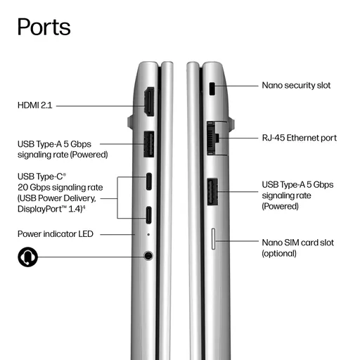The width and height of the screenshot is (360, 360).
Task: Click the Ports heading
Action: [44, 27]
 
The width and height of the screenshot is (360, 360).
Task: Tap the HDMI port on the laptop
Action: [149, 102]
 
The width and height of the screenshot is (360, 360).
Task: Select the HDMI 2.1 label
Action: [34, 105]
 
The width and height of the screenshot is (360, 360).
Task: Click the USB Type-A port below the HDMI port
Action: [149, 144]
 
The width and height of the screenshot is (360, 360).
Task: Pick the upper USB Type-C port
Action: [149, 181]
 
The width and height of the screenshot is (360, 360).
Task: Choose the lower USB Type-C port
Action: [149, 215]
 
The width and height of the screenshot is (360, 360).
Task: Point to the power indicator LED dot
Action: [148, 234]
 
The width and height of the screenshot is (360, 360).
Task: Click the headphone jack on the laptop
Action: [148, 255]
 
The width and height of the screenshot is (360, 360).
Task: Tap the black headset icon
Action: [27, 257]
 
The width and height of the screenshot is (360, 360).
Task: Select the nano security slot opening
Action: [212, 89]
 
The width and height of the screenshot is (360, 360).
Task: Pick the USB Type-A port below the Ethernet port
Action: [212, 192]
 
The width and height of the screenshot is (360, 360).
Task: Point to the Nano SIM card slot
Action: [213, 239]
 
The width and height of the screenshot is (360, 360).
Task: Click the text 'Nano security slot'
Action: [296, 85]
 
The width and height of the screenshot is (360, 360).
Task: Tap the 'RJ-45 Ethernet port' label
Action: [300, 138]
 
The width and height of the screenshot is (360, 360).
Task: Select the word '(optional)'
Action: [279, 254]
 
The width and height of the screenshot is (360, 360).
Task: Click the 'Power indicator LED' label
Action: [56, 234]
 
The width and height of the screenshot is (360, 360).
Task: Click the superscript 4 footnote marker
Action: [84, 207]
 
